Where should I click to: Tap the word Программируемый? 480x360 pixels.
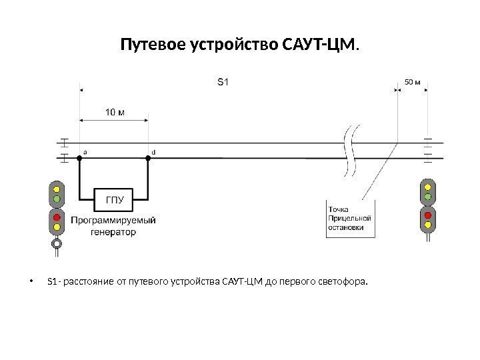point(113,221)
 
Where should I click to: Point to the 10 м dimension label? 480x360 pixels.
point(114,111)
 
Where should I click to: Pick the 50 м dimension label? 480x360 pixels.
point(413,83)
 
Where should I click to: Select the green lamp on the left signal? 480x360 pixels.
point(57,198)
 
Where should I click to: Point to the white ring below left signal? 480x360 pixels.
point(57,244)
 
